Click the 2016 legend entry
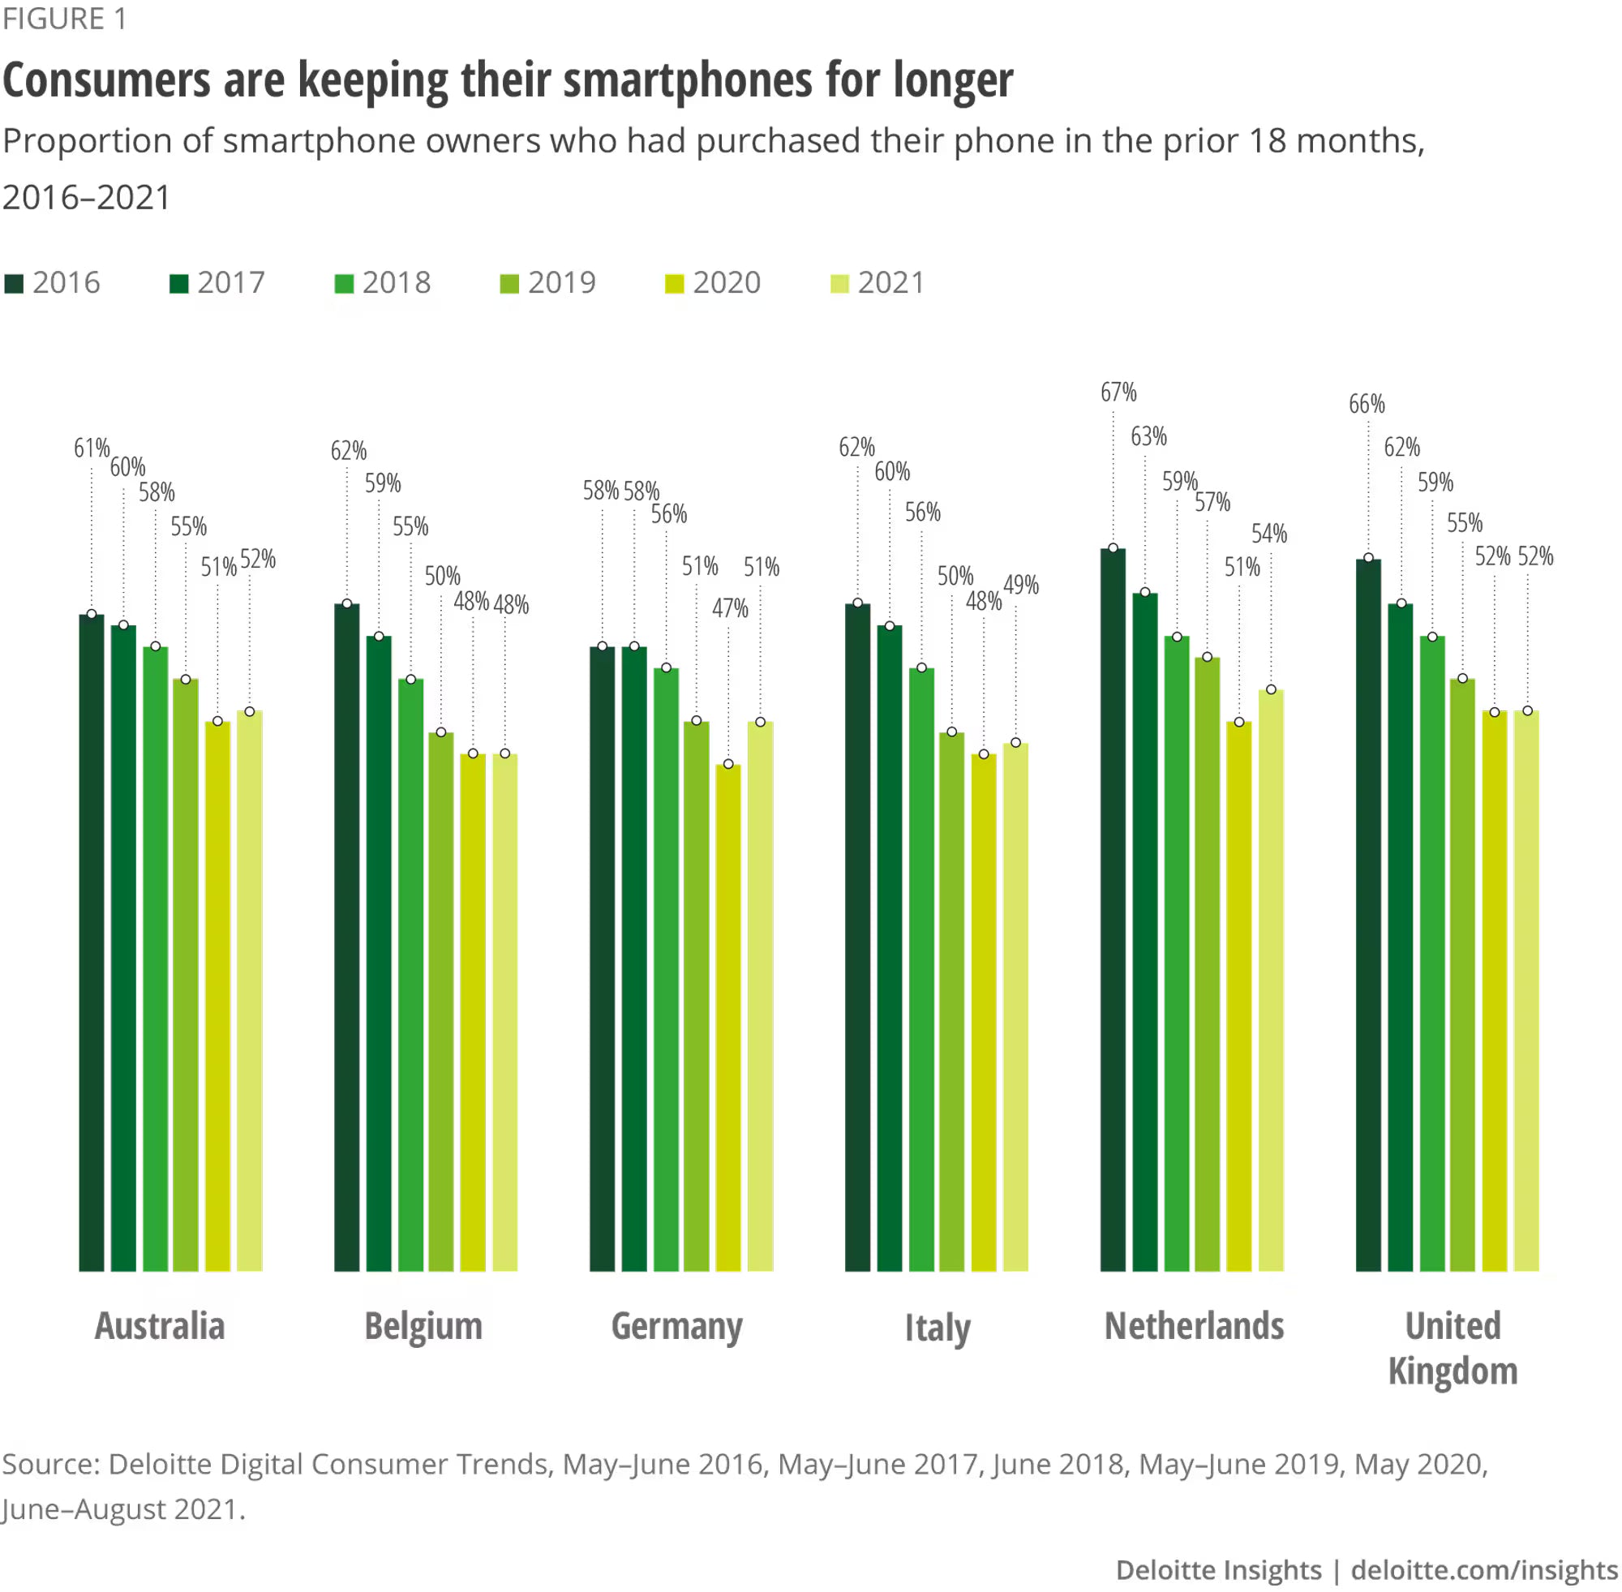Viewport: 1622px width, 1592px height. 52,284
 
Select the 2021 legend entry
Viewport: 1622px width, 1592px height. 878,284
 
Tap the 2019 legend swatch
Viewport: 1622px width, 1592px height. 508,285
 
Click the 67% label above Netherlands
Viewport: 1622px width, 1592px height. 1118,393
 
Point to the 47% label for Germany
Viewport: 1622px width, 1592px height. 730,609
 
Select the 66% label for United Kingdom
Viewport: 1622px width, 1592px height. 1367,405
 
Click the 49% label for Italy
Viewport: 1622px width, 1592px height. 1021,586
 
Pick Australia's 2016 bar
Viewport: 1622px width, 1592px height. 92,945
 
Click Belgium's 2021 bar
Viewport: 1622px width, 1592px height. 505,1011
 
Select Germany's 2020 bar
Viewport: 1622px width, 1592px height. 728,1020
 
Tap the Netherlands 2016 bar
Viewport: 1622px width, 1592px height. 1113,912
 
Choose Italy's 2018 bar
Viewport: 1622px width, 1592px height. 921,970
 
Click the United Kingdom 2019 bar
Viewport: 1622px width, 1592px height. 1462,974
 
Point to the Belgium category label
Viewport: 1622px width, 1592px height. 423,1327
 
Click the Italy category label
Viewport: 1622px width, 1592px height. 938,1328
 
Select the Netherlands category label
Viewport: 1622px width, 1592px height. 1194,1327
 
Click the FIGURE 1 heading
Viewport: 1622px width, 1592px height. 64,19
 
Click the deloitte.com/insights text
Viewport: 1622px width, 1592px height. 1484,1569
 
